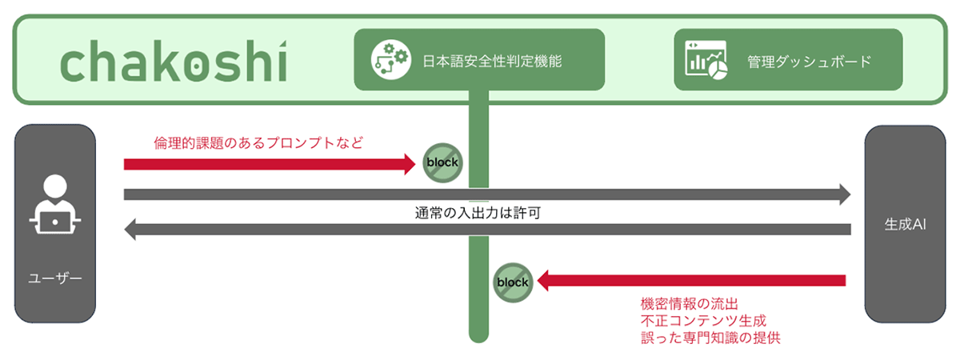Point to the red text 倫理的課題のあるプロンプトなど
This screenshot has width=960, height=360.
[258, 143]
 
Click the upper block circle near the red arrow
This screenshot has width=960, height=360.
[442, 163]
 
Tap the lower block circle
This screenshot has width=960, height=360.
[513, 282]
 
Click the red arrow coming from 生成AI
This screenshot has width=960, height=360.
[692, 281]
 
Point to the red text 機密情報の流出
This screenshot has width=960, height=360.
[689, 304]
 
